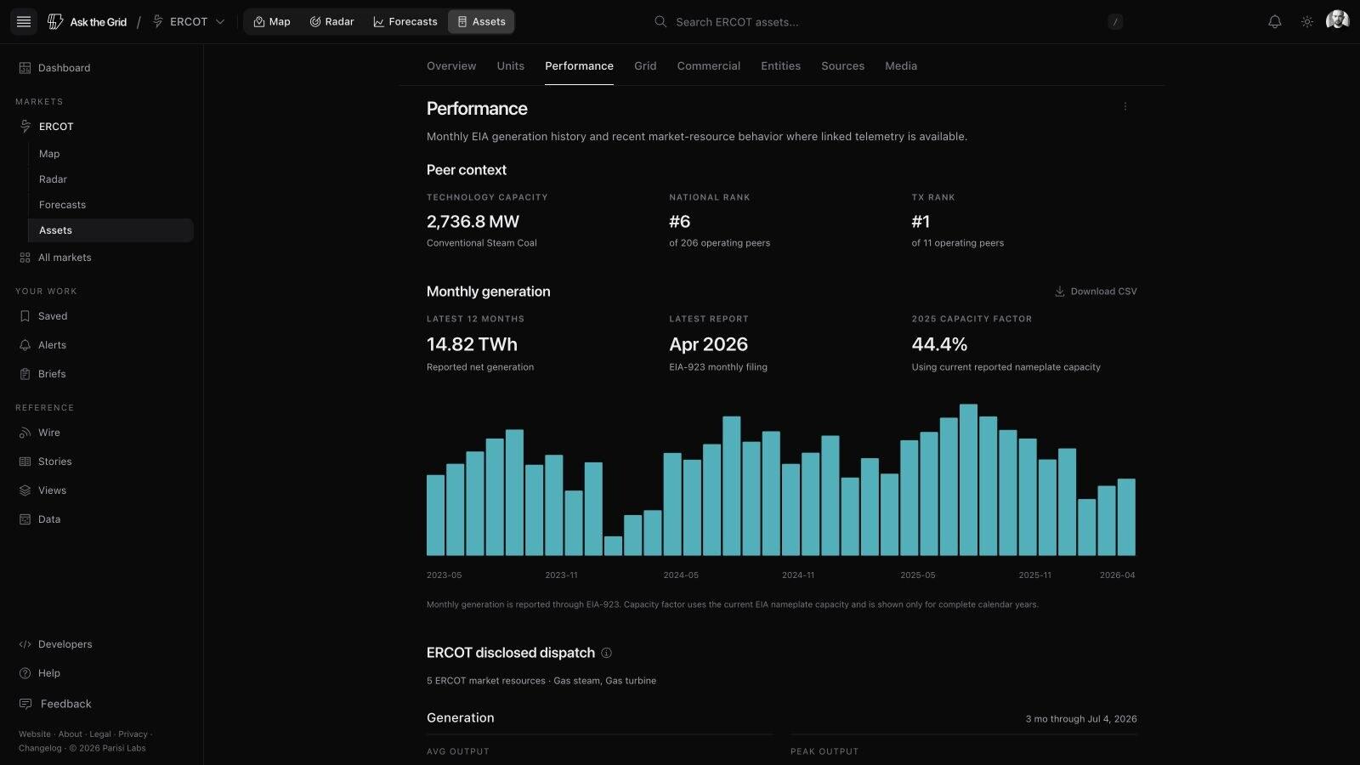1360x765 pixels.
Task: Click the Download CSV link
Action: (1096, 292)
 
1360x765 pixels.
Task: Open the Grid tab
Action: (645, 65)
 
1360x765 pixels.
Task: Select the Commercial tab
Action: (709, 65)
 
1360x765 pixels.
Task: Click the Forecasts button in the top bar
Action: (405, 22)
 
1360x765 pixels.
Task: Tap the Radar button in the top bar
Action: (331, 22)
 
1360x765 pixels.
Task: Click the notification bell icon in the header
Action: (1274, 22)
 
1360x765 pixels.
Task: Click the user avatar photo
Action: (1337, 20)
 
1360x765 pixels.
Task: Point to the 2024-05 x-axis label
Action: (681, 575)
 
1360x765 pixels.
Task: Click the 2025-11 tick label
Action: (1034, 575)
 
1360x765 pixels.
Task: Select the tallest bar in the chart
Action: (968, 479)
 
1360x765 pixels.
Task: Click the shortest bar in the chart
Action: (613, 546)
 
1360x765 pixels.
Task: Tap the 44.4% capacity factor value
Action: (939, 344)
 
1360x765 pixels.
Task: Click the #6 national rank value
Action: (679, 222)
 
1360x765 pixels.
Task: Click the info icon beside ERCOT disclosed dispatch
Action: (606, 653)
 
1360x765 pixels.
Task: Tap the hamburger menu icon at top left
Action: (24, 22)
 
